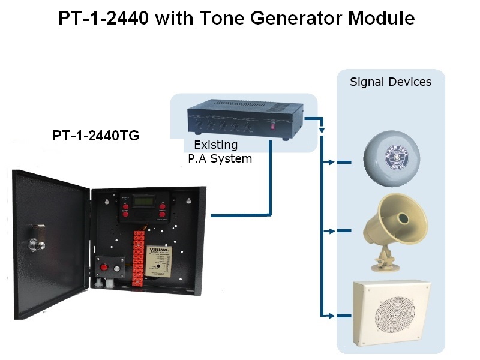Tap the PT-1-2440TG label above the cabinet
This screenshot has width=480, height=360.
96,136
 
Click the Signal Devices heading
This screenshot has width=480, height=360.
391,82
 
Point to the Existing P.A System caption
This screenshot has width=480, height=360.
215,152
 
